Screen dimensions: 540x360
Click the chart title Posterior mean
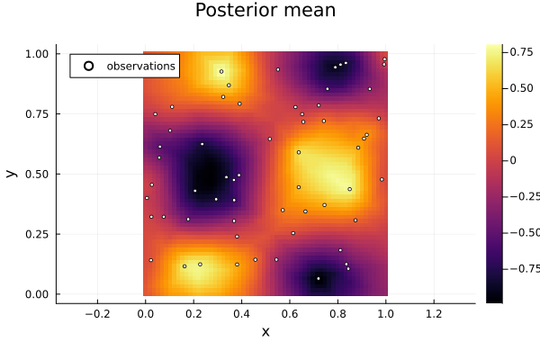point(265,10)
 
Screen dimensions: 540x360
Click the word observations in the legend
point(141,66)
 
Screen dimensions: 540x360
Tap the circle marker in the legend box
point(88,66)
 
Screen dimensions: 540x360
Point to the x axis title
point(265,332)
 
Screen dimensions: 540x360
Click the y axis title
point(11,174)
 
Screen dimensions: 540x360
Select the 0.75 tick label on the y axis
point(37,114)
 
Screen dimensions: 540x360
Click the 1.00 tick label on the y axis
point(37,54)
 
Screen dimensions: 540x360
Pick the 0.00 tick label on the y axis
point(37,294)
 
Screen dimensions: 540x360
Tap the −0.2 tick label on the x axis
point(97,314)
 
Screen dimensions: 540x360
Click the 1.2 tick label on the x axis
point(434,314)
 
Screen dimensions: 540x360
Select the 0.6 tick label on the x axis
point(290,314)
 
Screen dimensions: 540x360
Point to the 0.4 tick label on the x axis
point(241,314)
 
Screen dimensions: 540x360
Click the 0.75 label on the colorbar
point(521,52)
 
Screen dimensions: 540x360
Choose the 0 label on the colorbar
point(513,160)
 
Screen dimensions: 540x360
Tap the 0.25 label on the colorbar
point(521,124)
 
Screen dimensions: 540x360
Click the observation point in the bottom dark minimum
point(319,278)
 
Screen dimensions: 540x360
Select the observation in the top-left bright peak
point(221,72)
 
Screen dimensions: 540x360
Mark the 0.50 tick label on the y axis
point(37,174)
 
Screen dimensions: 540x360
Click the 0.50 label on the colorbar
point(521,88)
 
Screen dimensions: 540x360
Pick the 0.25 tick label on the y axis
point(37,234)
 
